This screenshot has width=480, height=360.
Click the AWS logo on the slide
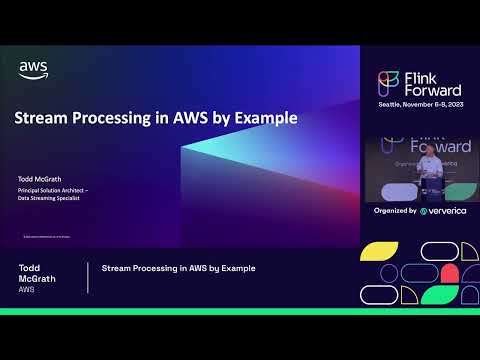33,70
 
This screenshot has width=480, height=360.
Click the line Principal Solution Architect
55,190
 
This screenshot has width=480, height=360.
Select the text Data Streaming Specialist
51,199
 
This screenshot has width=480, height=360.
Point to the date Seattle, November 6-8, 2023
420,104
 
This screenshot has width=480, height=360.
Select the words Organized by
396,211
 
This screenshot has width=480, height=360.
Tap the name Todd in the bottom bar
30,268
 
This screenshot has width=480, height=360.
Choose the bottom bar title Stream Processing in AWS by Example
179,268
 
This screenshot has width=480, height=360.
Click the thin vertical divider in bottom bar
88,278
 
